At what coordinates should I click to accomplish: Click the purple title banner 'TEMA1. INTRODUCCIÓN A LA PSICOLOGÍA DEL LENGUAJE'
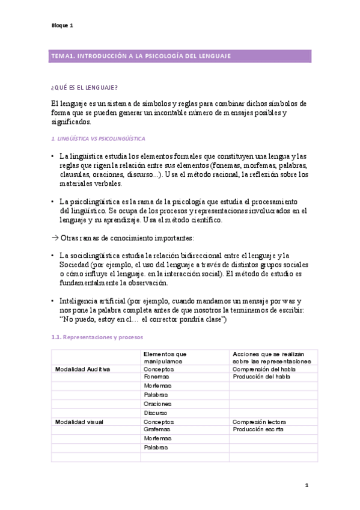pos(180,56)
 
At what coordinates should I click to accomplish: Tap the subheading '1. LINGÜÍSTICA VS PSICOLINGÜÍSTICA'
pos(99,139)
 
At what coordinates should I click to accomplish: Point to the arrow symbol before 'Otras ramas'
pos(55,238)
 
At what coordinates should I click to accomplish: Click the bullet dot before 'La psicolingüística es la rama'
pos(53,201)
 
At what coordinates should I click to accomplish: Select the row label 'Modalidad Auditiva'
pos(82,369)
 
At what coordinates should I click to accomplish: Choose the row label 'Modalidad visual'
pos(79,422)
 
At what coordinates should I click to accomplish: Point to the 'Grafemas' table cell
pos(157,430)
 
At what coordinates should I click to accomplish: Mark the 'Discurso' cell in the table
pos(156,413)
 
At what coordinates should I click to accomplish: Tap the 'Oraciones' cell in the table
pos(158,404)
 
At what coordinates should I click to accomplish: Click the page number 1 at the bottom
pos(306,485)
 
